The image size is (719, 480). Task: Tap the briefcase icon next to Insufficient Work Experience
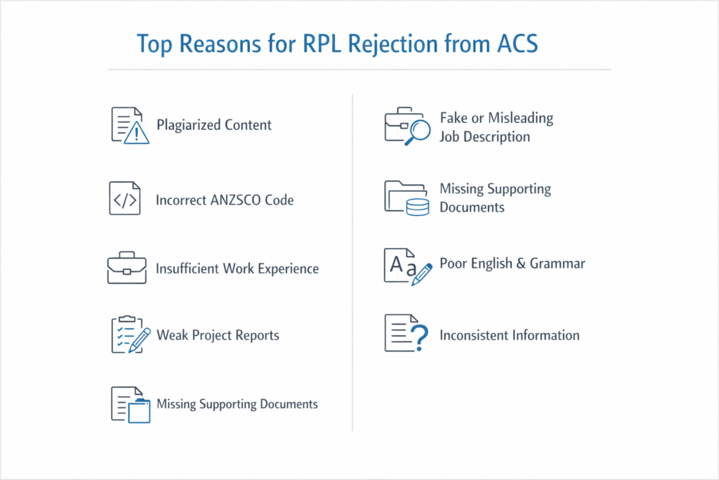coord(126,268)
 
